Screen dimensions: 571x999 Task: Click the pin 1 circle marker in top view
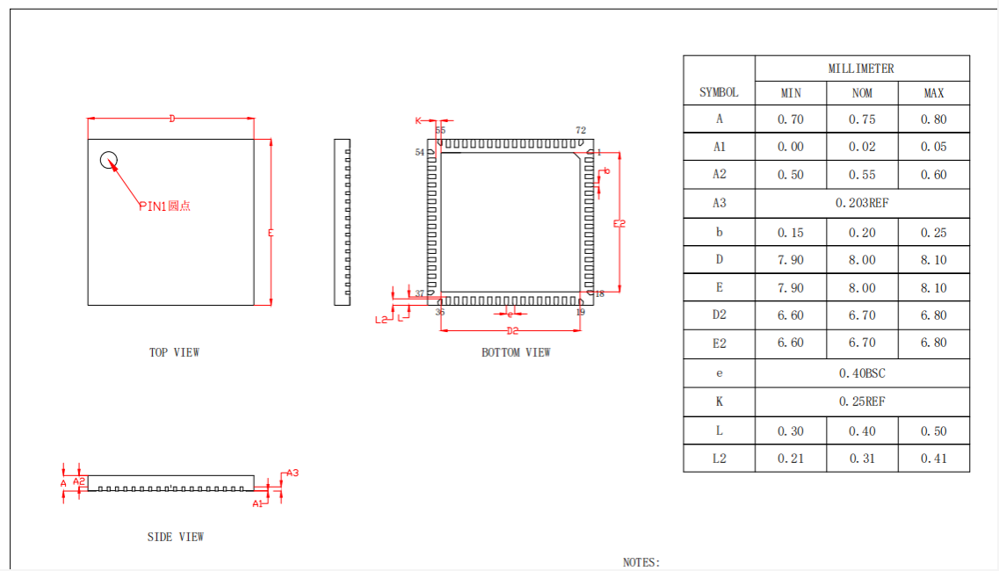coord(109,160)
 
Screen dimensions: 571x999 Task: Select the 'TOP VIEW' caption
coord(174,352)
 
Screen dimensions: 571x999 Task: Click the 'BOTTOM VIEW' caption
coord(516,352)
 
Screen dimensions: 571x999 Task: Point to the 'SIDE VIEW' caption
coord(176,537)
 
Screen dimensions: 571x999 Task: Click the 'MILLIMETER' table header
coord(861,69)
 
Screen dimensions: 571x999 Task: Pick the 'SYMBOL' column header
coord(719,92)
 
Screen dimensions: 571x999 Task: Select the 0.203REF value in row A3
coord(861,203)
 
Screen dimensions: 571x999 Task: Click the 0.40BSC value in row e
coord(861,373)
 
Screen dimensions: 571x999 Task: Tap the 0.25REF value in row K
coord(861,401)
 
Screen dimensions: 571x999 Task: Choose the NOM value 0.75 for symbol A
coord(861,119)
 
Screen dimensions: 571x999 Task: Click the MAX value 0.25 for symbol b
coord(933,233)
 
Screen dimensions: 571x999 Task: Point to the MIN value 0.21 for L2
coord(790,459)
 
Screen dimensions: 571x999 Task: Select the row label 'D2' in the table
coord(719,314)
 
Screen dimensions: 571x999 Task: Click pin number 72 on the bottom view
coord(581,131)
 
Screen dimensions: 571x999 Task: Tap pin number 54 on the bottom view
coord(420,152)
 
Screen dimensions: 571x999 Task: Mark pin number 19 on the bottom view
coord(580,312)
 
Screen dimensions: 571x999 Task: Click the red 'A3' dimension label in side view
coord(293,473)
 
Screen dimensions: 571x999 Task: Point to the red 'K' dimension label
coord(419,119)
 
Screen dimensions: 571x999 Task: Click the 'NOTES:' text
coord(641,562)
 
